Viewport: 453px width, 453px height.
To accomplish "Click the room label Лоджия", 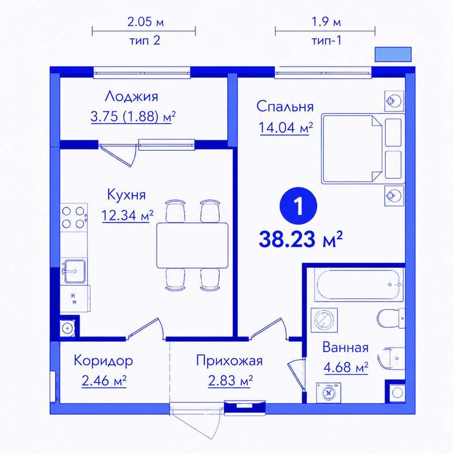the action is pos(131,97).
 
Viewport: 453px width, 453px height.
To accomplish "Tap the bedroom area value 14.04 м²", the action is pos(286,127).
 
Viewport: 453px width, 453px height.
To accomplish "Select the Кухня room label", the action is pos(126,194).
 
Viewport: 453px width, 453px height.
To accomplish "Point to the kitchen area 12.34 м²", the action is pos(127,215).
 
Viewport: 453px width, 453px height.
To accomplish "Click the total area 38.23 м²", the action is pos(301,239).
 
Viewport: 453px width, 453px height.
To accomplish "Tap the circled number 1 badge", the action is pos(298,206).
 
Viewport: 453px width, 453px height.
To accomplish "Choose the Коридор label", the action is pos(104,361).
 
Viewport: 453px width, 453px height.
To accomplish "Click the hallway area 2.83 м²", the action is pos(230,381).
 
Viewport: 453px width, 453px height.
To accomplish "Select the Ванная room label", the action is pos(346,348).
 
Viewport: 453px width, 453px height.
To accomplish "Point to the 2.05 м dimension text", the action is pos(146,22).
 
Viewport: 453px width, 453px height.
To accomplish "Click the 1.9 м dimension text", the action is pos(326,21).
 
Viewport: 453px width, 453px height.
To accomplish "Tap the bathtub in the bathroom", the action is pos(359,285).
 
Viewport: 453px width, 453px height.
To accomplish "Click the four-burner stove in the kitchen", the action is pos(73,217).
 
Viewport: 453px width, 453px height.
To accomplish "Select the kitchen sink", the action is pos(74,271).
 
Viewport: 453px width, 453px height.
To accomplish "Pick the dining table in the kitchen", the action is pos(192,245).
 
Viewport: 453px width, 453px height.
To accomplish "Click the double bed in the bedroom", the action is pos(363,148).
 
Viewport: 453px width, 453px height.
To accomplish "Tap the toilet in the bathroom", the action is pos(391,318).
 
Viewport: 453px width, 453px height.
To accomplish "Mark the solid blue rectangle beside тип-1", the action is pos(393,54).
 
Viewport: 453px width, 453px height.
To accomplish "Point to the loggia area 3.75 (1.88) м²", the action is pos(133,116).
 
